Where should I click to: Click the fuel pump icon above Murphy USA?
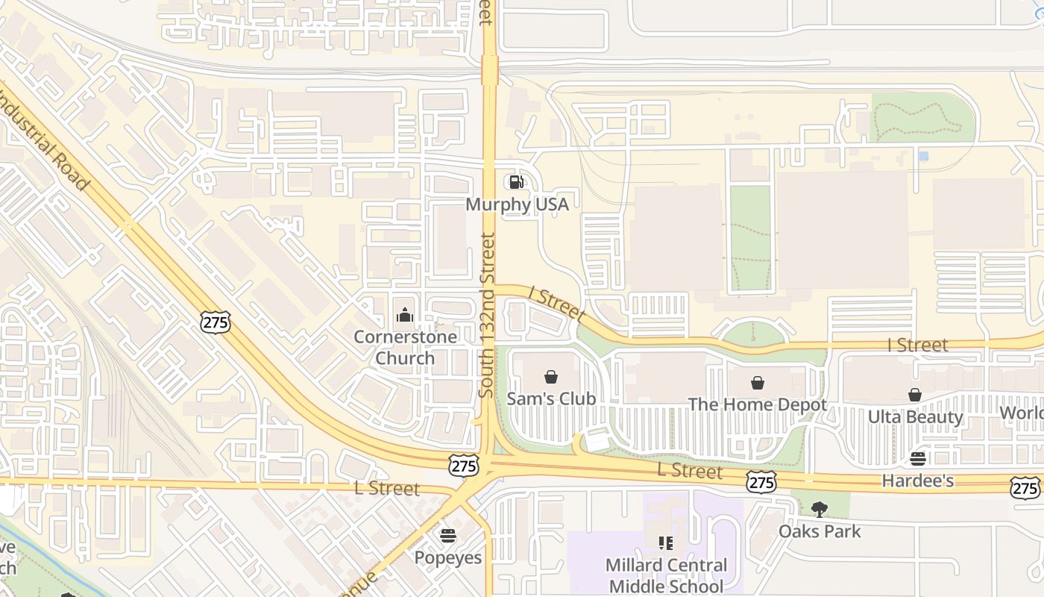pos(516,182)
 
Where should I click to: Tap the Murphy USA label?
pos(517,204)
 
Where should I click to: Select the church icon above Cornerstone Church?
pos(405,315)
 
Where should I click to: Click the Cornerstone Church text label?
pos(405,347)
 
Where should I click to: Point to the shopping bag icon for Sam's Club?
pos(551,377)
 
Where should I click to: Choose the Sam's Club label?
pos(551,398)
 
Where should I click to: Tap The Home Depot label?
pos(757,404)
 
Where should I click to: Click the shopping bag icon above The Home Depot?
pos(758,383)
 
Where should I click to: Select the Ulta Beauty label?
pos(915,416)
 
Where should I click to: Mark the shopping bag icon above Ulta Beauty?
pos(915,395)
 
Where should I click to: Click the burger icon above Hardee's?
pos(917,458)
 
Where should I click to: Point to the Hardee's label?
pos(917,481)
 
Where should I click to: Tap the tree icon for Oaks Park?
pos(820,510)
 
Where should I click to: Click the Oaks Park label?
pos(820,531)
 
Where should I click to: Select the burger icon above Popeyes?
pos(448,535)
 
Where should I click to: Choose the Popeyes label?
pos(448,557)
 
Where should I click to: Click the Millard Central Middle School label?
pos(666,575)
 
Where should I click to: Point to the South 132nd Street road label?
pos(487,315)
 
